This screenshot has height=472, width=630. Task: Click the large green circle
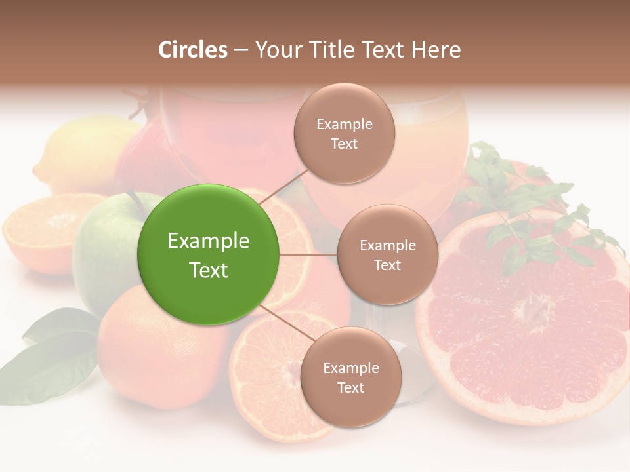point(209,254)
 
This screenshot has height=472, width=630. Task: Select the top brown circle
point(345,134)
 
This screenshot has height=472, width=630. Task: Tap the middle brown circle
point(387,254)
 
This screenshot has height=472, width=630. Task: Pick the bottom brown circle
point(350,377)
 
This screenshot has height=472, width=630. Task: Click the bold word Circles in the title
point(193,50)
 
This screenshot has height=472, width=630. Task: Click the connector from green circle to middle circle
point(308,254)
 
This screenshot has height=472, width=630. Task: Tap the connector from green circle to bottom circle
point(287,323)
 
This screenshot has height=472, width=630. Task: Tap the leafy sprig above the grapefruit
point(525,203)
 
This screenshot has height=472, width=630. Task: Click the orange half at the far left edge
point(39,229)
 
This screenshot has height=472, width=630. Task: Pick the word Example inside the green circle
point(209,241)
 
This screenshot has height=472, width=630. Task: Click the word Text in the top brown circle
point(345,144)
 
